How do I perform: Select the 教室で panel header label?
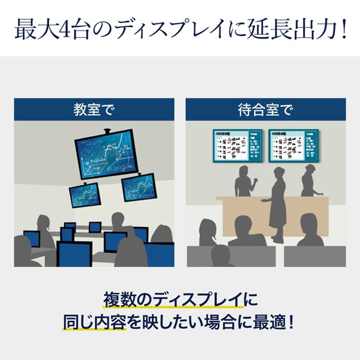[94, 110]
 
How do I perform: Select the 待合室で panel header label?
[265, 110]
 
